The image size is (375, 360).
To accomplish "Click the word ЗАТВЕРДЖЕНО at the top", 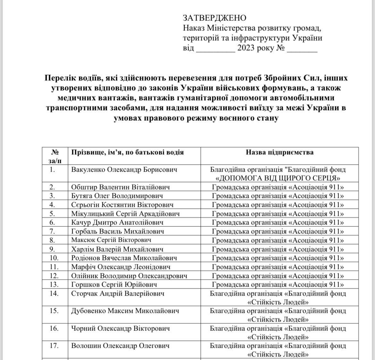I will [214, 18].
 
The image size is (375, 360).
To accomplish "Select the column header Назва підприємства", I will [279, 152].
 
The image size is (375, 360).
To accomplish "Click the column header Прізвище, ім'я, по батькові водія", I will [127, 152].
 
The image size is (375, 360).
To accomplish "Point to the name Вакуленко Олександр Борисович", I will [124, 170].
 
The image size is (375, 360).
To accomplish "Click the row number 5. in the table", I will [52, 214].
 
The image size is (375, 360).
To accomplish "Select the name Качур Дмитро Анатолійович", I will [117, 222].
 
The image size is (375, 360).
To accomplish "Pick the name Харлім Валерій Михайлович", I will [117, 249].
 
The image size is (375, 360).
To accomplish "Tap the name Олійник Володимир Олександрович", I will [129, 275].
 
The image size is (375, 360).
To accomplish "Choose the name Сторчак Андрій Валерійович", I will [118, 293].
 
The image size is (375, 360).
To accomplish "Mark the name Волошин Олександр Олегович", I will [120, 346].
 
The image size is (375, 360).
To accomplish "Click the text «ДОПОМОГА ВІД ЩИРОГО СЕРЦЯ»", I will [278, 178].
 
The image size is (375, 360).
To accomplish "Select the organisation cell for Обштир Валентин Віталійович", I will [278, 187].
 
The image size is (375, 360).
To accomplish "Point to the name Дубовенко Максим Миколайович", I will [125, 311].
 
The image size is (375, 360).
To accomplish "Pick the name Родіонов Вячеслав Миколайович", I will [124, 258].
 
